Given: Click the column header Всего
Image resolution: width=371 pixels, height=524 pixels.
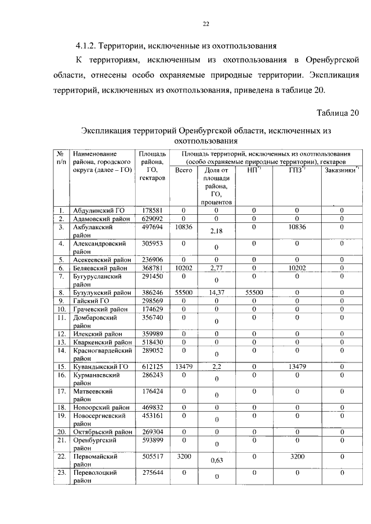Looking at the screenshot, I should [183, 170].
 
